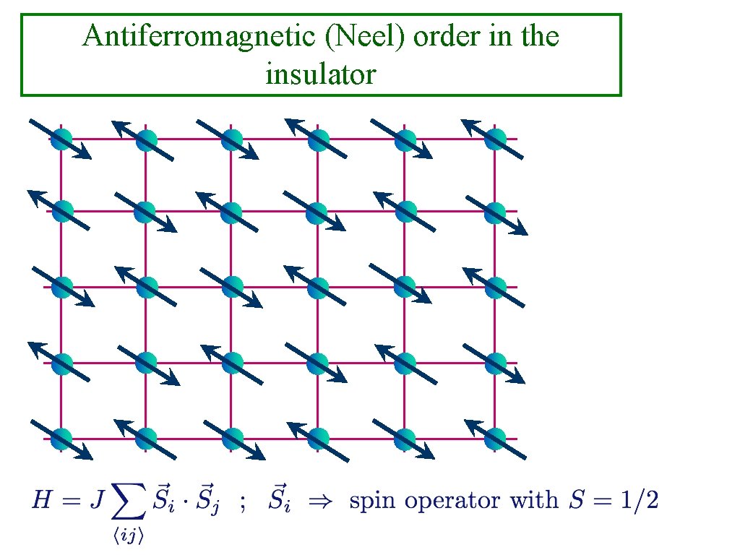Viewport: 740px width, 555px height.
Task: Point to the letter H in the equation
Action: pos(42,500)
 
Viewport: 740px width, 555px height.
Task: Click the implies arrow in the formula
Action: pos(319,500)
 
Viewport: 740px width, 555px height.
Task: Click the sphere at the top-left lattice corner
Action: pos(61,138)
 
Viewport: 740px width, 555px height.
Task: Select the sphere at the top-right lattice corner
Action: pos(495,138)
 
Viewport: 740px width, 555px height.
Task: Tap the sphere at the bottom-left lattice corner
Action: pos(61,438)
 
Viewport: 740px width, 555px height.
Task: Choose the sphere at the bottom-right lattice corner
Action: pos(495,438)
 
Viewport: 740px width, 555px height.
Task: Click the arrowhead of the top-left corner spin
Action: pos(85,153)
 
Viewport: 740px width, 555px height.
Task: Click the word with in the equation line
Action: pos(533,500)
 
